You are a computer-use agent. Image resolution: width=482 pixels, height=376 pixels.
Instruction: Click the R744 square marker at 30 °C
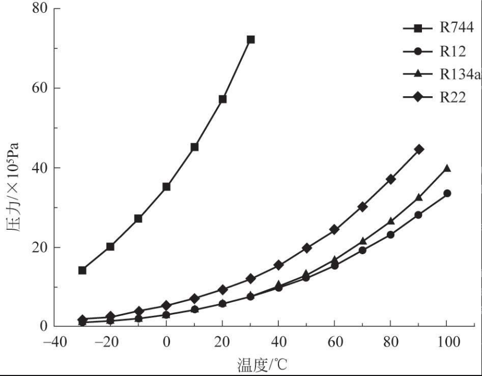[x=251, y=39]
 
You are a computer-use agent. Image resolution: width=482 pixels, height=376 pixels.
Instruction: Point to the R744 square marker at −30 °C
[x=82, y=270]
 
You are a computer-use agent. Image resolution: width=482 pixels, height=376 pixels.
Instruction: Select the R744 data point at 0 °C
[x=166, y=187]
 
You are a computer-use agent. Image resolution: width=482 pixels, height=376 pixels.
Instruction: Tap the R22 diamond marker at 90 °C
[x=419, y=149]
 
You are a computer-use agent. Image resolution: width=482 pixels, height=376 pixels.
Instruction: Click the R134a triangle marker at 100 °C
[x=447, y=168]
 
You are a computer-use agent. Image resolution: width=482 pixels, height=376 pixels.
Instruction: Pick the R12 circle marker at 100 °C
[x=447, y=193]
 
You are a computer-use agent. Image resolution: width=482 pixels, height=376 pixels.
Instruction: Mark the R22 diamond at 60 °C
[x=334, y=229]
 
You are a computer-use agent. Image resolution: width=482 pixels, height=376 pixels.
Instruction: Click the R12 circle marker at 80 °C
[x=391, y=235]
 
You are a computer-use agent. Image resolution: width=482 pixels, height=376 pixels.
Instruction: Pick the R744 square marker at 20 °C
[x=223, y=99]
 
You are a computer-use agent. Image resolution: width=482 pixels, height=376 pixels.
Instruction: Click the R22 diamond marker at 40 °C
[x=278, y=264]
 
